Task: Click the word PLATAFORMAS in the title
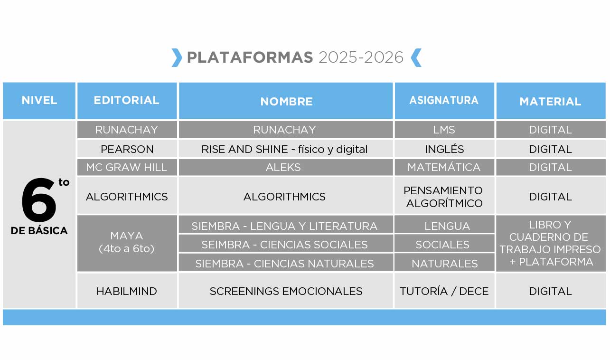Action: tap(250, 57)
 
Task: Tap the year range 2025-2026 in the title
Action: tap(361, 57)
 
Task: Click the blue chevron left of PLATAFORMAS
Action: tap(177, 57)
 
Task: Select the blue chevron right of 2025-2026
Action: tap(416, 57)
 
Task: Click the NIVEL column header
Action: tap(39, 101)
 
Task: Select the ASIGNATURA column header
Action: tap(444, 101)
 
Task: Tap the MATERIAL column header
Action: tap(551, 101)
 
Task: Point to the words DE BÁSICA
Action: tap(39, 230)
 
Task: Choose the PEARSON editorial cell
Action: tap(127, 149)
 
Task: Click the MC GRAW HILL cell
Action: tap(127, 167)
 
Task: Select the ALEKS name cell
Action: tap(286, 167)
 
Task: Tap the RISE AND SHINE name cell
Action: tap(286, 149)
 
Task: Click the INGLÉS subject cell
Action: tap(444, 149)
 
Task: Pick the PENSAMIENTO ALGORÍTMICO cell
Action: tap(444, 197)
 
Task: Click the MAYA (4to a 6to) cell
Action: tap(127, 243)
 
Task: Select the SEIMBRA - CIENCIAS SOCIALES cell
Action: tap(286, 245)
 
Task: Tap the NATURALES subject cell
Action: tap(444, 263)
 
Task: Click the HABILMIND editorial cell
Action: tap(127, 291)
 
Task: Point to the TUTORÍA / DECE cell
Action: tap(444, 291)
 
